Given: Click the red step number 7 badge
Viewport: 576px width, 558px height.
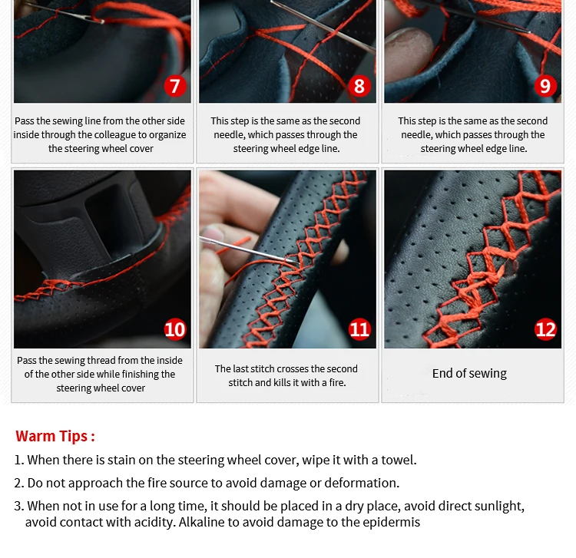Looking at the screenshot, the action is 175,86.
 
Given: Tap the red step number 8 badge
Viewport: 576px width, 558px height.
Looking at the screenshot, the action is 359,86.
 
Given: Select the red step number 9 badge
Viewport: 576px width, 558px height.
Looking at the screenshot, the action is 545,86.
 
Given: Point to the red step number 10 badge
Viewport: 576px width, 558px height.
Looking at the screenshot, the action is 175,329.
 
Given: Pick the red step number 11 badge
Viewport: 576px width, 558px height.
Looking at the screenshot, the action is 359,329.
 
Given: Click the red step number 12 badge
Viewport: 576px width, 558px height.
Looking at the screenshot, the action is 545,329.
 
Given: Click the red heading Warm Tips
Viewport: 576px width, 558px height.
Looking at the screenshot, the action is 55,436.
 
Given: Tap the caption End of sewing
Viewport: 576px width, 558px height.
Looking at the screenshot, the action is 469,373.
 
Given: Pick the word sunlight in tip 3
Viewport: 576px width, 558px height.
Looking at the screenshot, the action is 501,507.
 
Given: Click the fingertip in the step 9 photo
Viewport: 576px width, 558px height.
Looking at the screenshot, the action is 412,51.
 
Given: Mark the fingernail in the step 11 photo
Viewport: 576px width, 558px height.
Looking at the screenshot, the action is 212,234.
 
